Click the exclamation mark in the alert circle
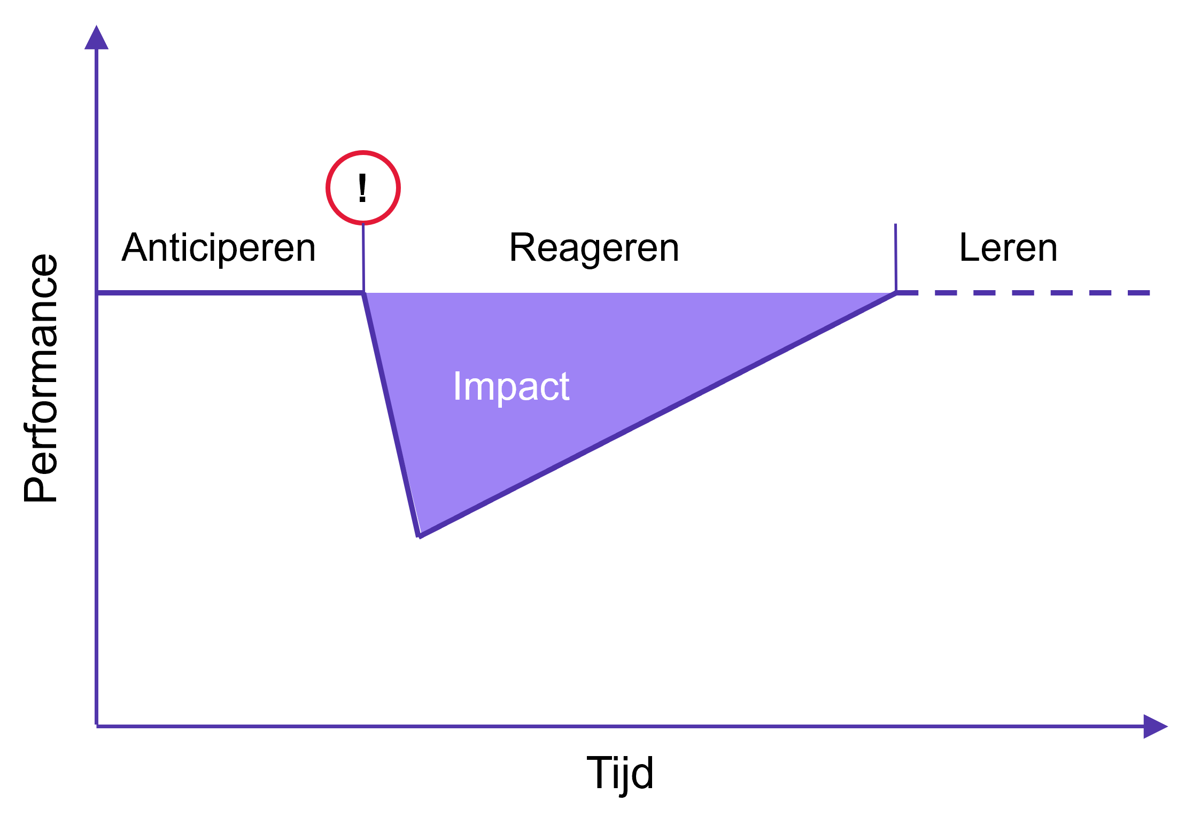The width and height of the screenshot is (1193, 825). [362, 188]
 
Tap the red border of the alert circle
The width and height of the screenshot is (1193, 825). [363, 153]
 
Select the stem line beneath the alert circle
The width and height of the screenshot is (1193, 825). [363, 256]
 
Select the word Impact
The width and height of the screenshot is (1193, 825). [511, 386]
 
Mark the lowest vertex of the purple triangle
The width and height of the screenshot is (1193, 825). [419, 535]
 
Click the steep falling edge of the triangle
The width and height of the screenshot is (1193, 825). [391, 414]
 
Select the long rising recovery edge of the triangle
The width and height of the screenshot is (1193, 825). [657, 414]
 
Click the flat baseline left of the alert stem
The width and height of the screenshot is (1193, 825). [230, 293]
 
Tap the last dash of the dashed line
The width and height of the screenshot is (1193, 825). [1138, 293]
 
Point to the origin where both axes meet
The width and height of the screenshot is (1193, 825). [96, 726]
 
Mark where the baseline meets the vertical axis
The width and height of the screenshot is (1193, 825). [96, 293]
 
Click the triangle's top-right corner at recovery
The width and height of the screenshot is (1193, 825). [895, 293]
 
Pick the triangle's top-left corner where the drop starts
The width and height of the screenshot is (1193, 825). [364, 293]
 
